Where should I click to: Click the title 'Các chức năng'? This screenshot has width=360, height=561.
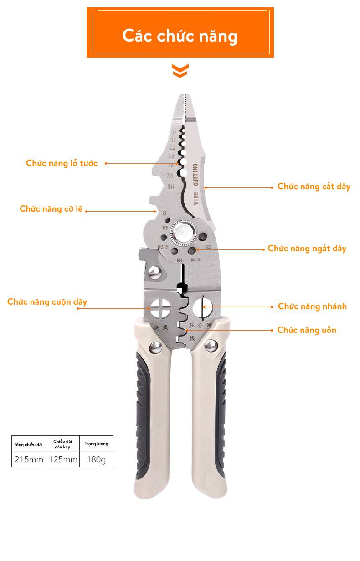[180, 36]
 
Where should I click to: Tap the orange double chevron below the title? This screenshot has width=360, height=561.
[180, 71]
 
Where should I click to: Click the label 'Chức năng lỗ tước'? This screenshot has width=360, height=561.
[62, 163]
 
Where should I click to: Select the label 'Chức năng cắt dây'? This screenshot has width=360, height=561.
[314, 187]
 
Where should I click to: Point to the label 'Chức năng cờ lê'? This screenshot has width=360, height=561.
[51, 209]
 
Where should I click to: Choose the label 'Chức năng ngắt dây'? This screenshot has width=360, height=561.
[307, 249]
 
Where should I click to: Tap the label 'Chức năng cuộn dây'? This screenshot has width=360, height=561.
[47, 302]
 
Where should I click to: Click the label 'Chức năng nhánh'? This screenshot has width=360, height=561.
[312, 306]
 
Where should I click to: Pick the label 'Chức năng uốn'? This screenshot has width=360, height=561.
[307, 330]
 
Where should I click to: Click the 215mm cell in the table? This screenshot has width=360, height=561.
[29, 459]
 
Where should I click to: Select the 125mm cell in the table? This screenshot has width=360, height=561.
[63, 459]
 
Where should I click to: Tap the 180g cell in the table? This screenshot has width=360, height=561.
[96, 459]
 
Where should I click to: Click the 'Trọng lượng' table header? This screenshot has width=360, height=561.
[96, 444]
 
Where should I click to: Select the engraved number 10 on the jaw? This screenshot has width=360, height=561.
[170, 187]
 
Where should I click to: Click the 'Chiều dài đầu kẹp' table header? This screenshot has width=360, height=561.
[63, 444]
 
